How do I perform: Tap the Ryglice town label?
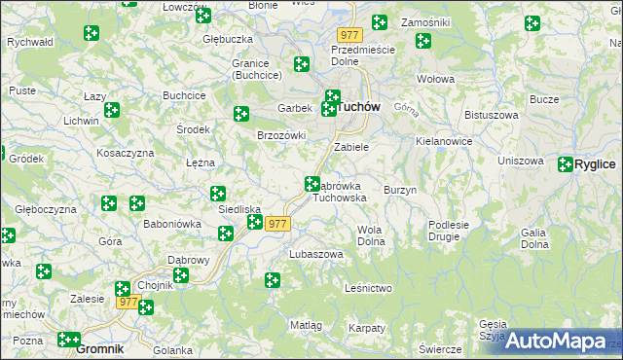coord(595,165)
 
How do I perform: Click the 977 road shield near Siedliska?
coord(277,224)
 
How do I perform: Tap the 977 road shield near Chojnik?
coord(128,303)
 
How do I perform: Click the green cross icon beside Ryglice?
coord(566,165)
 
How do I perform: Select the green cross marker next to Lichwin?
coord(112,111)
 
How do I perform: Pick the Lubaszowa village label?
coord(316,254)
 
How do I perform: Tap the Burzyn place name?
coord(400,190)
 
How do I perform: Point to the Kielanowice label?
coord(444,141)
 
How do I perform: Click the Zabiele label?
coord(351,147)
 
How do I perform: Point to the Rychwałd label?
coord(29,43)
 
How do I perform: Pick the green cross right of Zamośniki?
coord(531,22)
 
